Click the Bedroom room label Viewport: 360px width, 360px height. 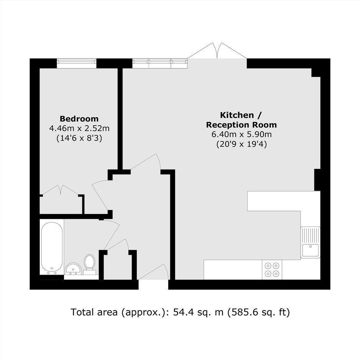point(79,119)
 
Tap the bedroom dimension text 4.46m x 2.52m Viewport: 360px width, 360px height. point(79,128)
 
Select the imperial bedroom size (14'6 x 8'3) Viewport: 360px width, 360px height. point(79,138)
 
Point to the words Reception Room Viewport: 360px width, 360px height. point(241,125)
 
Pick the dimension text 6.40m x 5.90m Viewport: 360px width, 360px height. point(242,134)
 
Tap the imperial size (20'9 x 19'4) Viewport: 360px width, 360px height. point(242,144)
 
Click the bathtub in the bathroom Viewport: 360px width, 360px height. point(52,248)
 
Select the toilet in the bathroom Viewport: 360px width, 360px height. point(89,265)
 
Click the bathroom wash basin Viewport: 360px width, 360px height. point(73,268)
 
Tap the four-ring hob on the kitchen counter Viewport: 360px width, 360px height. point(272,270)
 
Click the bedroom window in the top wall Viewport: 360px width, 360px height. point(77,63)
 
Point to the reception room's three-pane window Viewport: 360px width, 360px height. point(160,63)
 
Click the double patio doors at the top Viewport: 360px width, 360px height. point(218,51)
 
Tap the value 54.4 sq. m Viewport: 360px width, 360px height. point(198,313)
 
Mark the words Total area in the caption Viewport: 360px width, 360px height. point(94,313)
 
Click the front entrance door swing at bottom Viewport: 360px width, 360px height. point(154,272)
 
